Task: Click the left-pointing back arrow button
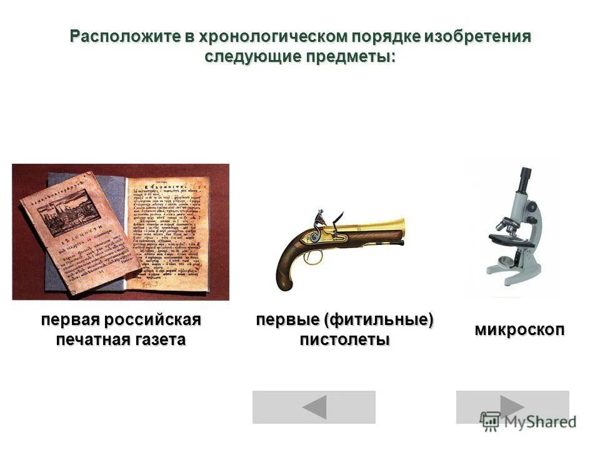314,407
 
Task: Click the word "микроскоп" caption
520,330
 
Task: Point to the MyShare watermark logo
527,421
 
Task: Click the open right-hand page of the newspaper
167,231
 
